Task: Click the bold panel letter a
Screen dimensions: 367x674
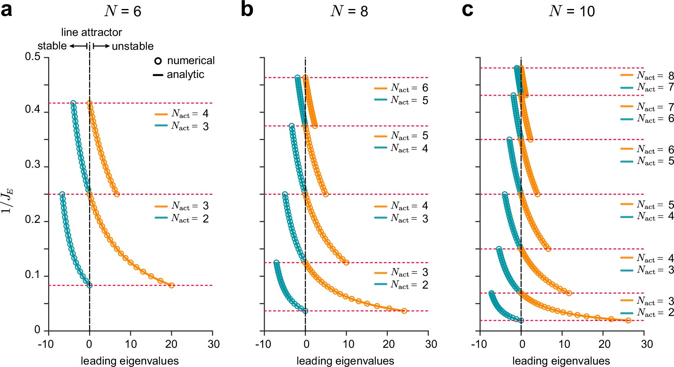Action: click(7, 10)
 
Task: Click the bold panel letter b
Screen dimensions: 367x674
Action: click(247, 10)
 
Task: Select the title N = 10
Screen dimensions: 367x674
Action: click(572, 11)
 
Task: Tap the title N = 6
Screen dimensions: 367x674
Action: click(122, 11)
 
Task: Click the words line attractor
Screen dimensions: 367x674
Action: click(91, 32)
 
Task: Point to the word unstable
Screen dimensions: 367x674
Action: click(133, 46)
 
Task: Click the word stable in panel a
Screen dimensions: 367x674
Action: click(52, 46)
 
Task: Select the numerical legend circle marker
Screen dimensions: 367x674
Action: click(158, 61)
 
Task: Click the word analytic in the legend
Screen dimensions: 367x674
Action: click(185, 75)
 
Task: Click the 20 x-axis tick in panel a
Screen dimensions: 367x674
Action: click(171, 344)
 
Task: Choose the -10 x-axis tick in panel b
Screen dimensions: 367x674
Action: click(263, 344)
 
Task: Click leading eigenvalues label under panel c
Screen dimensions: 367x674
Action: click(561, 361)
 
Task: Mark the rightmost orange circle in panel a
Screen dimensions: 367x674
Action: click(171, 285)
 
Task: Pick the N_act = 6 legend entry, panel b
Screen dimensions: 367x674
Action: click(401, 88)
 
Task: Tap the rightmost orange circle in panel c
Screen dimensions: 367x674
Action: click(628, 320)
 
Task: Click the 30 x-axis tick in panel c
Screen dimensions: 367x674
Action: click(647, 344)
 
